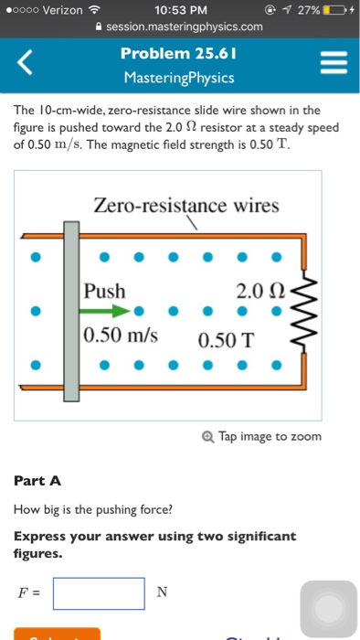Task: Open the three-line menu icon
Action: [332, 64]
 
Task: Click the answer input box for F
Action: [99, 593]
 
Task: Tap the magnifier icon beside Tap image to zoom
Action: [211, 436]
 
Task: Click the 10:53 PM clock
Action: [182, 10]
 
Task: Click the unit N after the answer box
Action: [162, 592]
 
